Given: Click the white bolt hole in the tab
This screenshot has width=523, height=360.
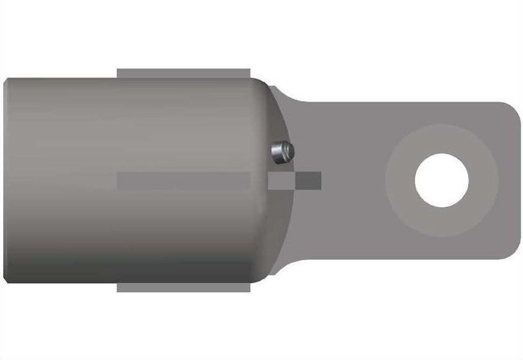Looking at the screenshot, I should point(441,180).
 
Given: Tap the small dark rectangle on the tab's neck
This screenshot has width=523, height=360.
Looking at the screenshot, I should point(309,179).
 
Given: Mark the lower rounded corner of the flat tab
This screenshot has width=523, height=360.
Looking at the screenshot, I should point(505,250).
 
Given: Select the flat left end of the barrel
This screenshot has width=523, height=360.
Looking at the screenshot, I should point(5,180).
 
